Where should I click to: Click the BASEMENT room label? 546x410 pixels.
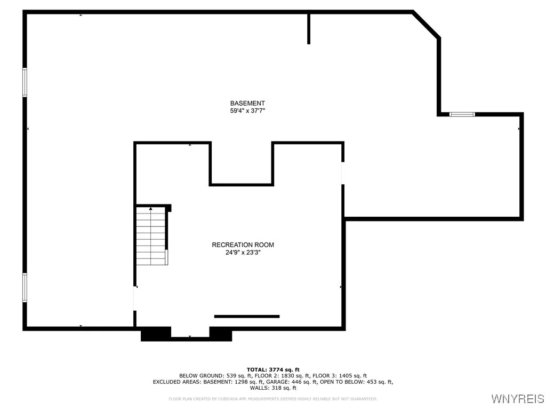pyautogui.click(x=247, y=103)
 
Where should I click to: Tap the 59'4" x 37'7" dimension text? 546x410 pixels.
pyautogui.click(x=247, y=111)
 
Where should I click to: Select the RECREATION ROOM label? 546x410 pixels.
pyautogui.click(x=243, y=245)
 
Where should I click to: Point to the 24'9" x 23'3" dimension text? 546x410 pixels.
pyautogui.click(x=243, y=253)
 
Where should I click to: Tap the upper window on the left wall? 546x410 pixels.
pyautogui.click(x=25, y=82)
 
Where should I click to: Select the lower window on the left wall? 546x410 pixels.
pyautogui.click(x=25, y=287)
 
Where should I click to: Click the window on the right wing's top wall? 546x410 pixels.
pyautogui.click(x=462, y=114)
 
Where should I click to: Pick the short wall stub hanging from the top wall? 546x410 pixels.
pyautogui.click(x=309, y=28)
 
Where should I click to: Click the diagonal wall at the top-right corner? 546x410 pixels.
pyautogui.click(x=427, y=25)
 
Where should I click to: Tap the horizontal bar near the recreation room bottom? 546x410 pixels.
pyautogui.click(x=247, y=317)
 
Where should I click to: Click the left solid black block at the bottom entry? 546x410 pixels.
pyautogui.click(x=156, y=334)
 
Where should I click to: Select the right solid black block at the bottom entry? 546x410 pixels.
pyautogui.click(x=221, y=334)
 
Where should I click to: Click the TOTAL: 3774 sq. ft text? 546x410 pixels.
pyautogui.click(x=273, y=369)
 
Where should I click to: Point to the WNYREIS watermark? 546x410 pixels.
pyautogui.click(x=517, y=399)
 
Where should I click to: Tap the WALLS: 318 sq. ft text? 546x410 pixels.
pyautogui.click(x=273, y=388)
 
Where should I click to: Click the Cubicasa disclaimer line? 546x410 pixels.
pyautogui.click(x=273, y=399)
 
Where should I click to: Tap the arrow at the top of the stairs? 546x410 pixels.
pyautogui.click(x=151, y=209)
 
